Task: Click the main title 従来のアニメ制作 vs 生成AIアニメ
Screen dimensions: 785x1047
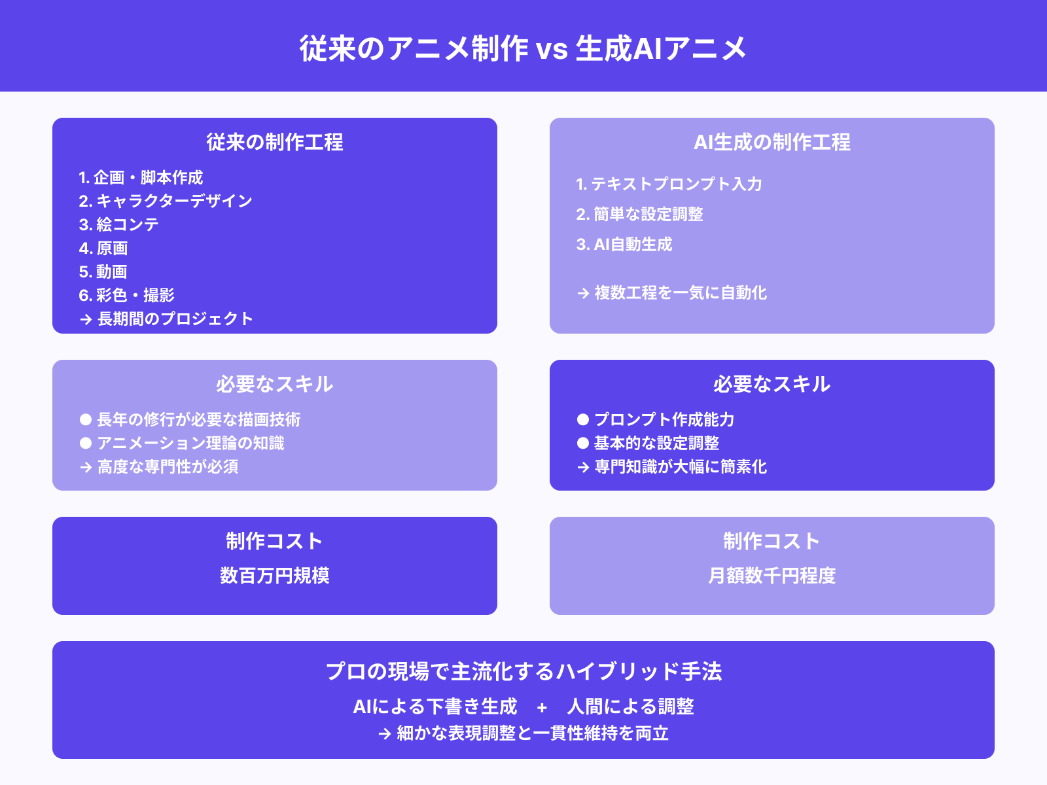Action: [523, 48]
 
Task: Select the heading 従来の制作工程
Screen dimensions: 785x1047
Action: [275, 142]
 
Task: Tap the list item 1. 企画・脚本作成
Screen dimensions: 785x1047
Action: [141, 177]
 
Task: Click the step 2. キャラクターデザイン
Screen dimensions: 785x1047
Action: [166, 201]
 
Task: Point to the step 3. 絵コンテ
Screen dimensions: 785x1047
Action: [119, 224]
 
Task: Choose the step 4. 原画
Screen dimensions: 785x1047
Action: [103, 248]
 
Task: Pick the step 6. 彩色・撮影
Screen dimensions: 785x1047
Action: [127, 295]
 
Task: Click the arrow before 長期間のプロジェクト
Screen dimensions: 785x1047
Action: [86, 320]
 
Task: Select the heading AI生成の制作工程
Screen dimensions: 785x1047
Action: [772, 142]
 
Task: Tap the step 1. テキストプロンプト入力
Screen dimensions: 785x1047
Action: [669, 184]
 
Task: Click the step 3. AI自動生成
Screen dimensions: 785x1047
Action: [624, 244]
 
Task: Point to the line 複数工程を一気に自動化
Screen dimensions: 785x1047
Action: [680, 292]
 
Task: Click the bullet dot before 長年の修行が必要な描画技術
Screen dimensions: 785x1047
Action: [86, 419]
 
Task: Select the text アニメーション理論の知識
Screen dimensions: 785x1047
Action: [190, 443]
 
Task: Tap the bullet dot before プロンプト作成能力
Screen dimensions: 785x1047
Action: [583, 419]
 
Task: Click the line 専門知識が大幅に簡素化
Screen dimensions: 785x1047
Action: [680, 466]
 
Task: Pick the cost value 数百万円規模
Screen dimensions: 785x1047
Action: [275, 575]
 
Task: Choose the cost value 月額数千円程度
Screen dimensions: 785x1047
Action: [772, 575]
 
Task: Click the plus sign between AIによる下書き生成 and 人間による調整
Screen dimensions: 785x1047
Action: [542, 707]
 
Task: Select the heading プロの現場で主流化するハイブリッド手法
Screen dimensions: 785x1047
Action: [523, 671]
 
